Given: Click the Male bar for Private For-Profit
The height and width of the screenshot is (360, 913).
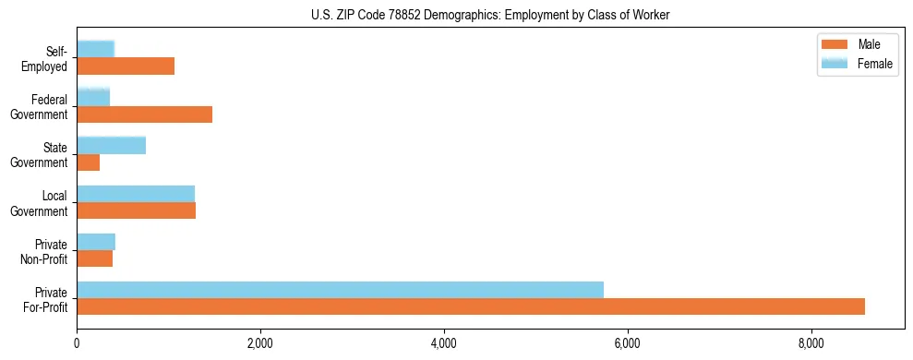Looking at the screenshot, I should pos(471,306).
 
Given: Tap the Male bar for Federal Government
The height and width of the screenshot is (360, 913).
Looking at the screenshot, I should pos(144,114).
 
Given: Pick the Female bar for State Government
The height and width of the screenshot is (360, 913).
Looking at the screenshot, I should pos(111,145).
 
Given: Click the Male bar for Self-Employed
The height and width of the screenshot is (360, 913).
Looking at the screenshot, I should pos(126,66).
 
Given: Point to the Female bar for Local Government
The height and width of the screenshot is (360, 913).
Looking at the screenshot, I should pos(136,193).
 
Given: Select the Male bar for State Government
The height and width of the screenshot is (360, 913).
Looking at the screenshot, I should pos(88,162).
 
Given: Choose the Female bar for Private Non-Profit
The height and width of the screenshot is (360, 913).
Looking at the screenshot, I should pos(96,242).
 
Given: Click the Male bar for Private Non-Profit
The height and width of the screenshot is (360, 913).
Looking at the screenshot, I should pos(94,258).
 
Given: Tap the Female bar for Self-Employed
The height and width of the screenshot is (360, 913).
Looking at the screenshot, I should pos(95,49).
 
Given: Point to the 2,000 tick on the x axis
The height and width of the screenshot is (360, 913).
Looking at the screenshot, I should pos(260,344).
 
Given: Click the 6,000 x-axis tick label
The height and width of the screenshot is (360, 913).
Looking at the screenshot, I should pos(628,344).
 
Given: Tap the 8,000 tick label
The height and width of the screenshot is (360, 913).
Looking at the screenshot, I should pos(811,344).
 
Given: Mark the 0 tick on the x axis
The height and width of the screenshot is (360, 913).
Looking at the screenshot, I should pos(77,344).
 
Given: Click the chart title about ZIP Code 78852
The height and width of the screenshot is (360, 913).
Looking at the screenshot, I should pos(490,15).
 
